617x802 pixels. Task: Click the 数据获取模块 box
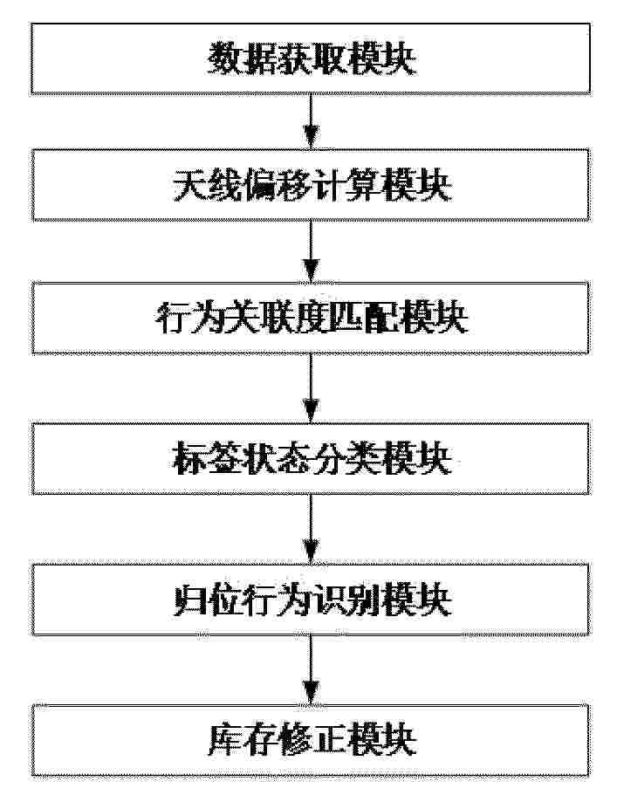pos(311,58)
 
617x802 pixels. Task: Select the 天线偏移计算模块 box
pos(311,185)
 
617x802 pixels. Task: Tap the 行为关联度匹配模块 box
pos(311,318)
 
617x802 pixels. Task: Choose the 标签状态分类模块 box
pos(311,458)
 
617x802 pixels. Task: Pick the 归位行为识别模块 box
pos(311,600)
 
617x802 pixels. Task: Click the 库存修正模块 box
pos(311,740)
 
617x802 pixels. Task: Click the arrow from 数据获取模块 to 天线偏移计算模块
pos(311,121)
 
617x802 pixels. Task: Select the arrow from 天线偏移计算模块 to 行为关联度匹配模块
pos(311,251)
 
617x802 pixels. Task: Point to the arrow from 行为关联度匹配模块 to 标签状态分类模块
pos(311,387)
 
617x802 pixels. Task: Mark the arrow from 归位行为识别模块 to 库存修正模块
pos(311,670)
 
